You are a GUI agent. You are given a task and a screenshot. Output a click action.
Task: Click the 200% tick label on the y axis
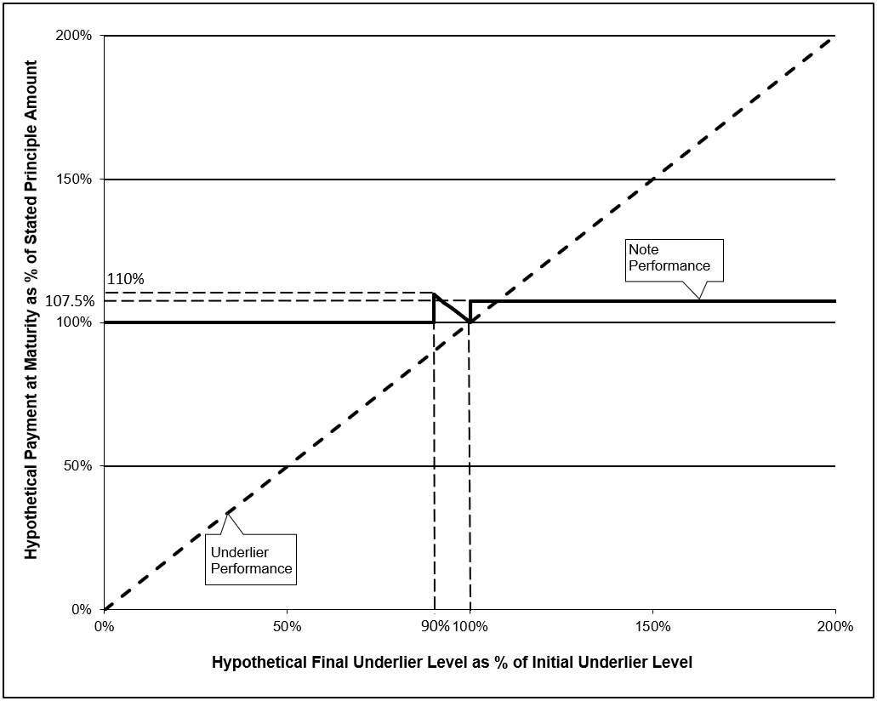[73, 35]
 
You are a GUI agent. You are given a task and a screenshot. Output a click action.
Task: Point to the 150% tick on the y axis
[73, 179]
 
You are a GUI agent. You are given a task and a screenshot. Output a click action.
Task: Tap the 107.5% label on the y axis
[70, 301]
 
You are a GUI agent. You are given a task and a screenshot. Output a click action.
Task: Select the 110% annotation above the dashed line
[126, 279]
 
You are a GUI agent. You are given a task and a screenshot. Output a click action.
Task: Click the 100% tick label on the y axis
[73, 322]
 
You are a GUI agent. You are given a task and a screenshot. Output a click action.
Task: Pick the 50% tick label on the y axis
[77, 466]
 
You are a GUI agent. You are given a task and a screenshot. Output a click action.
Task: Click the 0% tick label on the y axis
[82, 609]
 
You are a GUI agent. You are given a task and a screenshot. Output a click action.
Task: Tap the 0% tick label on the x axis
[104, 626]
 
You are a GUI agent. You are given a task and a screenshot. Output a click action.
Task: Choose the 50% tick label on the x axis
[287, 626]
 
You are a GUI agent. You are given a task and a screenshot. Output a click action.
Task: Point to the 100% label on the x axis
[470, 626]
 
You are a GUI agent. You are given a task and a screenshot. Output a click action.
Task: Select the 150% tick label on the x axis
[652, 626]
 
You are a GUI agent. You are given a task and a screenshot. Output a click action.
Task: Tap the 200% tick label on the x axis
[835, 626]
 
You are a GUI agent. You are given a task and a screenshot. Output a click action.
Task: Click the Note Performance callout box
[674, 260]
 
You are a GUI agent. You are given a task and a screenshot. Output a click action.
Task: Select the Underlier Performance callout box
[251, 560]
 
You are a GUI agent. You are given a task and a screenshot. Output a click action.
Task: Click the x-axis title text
[452, 663]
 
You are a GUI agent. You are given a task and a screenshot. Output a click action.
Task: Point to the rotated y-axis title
[31, 310]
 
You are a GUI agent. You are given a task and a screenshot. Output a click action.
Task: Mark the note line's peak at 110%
[435, 294]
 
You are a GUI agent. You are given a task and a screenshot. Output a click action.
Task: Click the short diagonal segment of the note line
[453, 308]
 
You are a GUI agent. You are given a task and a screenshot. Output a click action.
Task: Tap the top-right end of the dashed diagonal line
[835, 36]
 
